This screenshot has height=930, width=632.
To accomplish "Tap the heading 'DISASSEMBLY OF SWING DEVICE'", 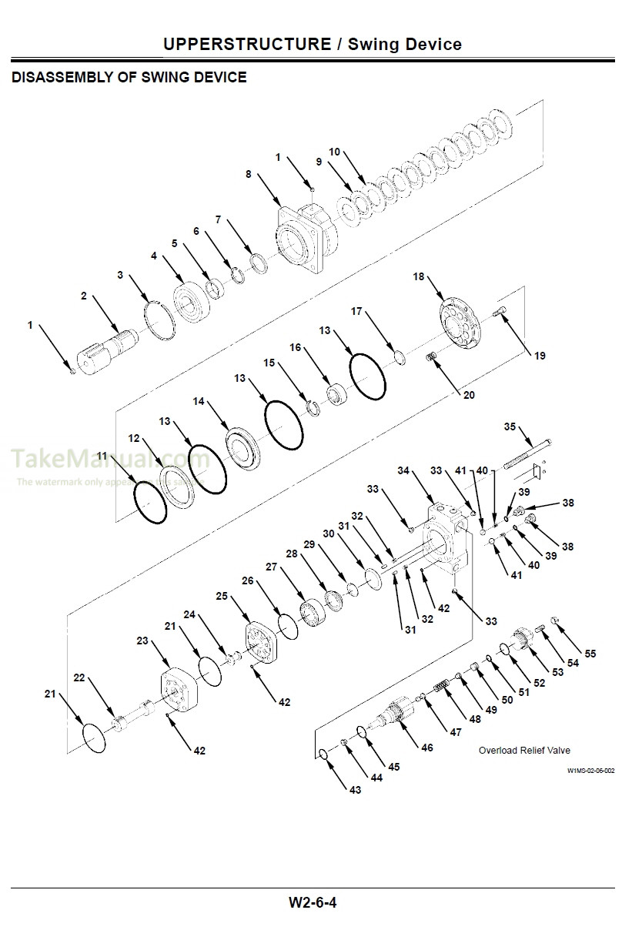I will point(129,78).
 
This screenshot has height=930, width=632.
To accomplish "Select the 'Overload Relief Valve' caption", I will point(524,750).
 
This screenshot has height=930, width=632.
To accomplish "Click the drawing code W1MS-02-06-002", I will point(591,770).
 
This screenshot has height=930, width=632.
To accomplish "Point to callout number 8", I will point(249,175).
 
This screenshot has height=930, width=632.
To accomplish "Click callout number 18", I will point(419,276).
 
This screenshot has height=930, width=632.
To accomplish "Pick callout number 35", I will point(510,427).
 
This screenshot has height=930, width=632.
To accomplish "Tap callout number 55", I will point(590,654).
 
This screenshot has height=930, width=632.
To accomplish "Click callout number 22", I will point(79,678).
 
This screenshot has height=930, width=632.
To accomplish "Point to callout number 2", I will point(84,296).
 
